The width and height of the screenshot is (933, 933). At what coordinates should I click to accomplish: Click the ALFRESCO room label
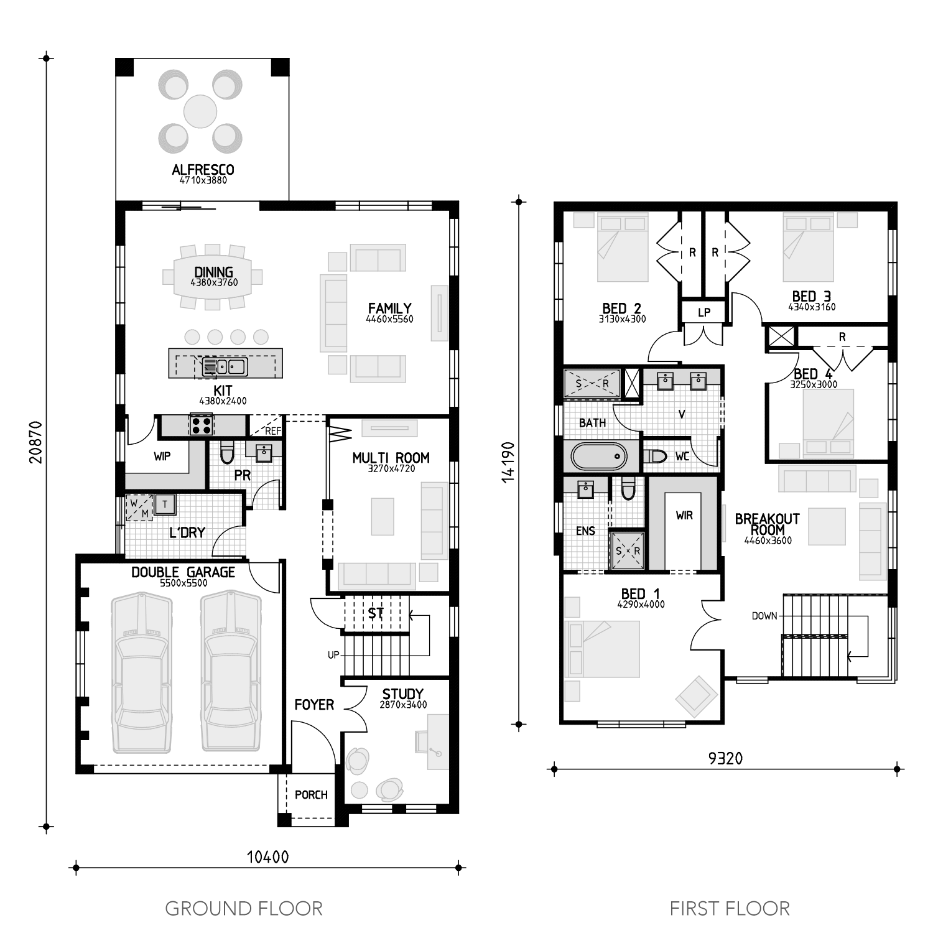click(x=203, y=170)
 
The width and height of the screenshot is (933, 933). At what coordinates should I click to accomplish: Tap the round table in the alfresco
click(x=200, y=111)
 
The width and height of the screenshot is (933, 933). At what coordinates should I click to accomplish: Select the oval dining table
click(x=213, y=277)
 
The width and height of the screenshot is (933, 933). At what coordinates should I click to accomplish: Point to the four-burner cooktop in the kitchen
click(x=202, y=425)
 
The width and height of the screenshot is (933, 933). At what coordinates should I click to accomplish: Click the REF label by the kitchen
click(x=273, y=430)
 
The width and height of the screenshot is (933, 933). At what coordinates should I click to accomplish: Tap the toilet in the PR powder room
click(x=227, y=452)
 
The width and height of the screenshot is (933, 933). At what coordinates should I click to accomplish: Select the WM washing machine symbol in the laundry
click(x=139, y=508)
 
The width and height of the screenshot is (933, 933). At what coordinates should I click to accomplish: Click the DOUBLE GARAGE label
click(x=183, y=572)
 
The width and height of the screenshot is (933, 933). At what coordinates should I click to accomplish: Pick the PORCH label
click(x=311, y=794)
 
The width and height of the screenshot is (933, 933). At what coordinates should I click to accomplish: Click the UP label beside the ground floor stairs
click(x=333, y=654)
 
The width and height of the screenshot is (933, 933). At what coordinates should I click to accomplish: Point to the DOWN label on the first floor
click(x=764, y=616)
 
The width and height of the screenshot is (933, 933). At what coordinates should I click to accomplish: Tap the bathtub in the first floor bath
click(x=600, y=457)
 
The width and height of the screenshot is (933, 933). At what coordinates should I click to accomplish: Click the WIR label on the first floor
click(x=684, y=515)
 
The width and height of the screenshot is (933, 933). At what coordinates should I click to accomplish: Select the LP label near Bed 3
click(x=703, y=312)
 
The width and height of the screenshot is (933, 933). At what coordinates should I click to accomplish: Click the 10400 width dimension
click(x=267, y=857)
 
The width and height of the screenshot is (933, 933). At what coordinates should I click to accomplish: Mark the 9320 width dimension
click(x=726, y=758)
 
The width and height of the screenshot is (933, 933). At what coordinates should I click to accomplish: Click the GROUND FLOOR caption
click(x=244, y=909)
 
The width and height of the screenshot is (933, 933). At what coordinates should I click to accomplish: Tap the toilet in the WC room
click(x=655, y=457)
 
